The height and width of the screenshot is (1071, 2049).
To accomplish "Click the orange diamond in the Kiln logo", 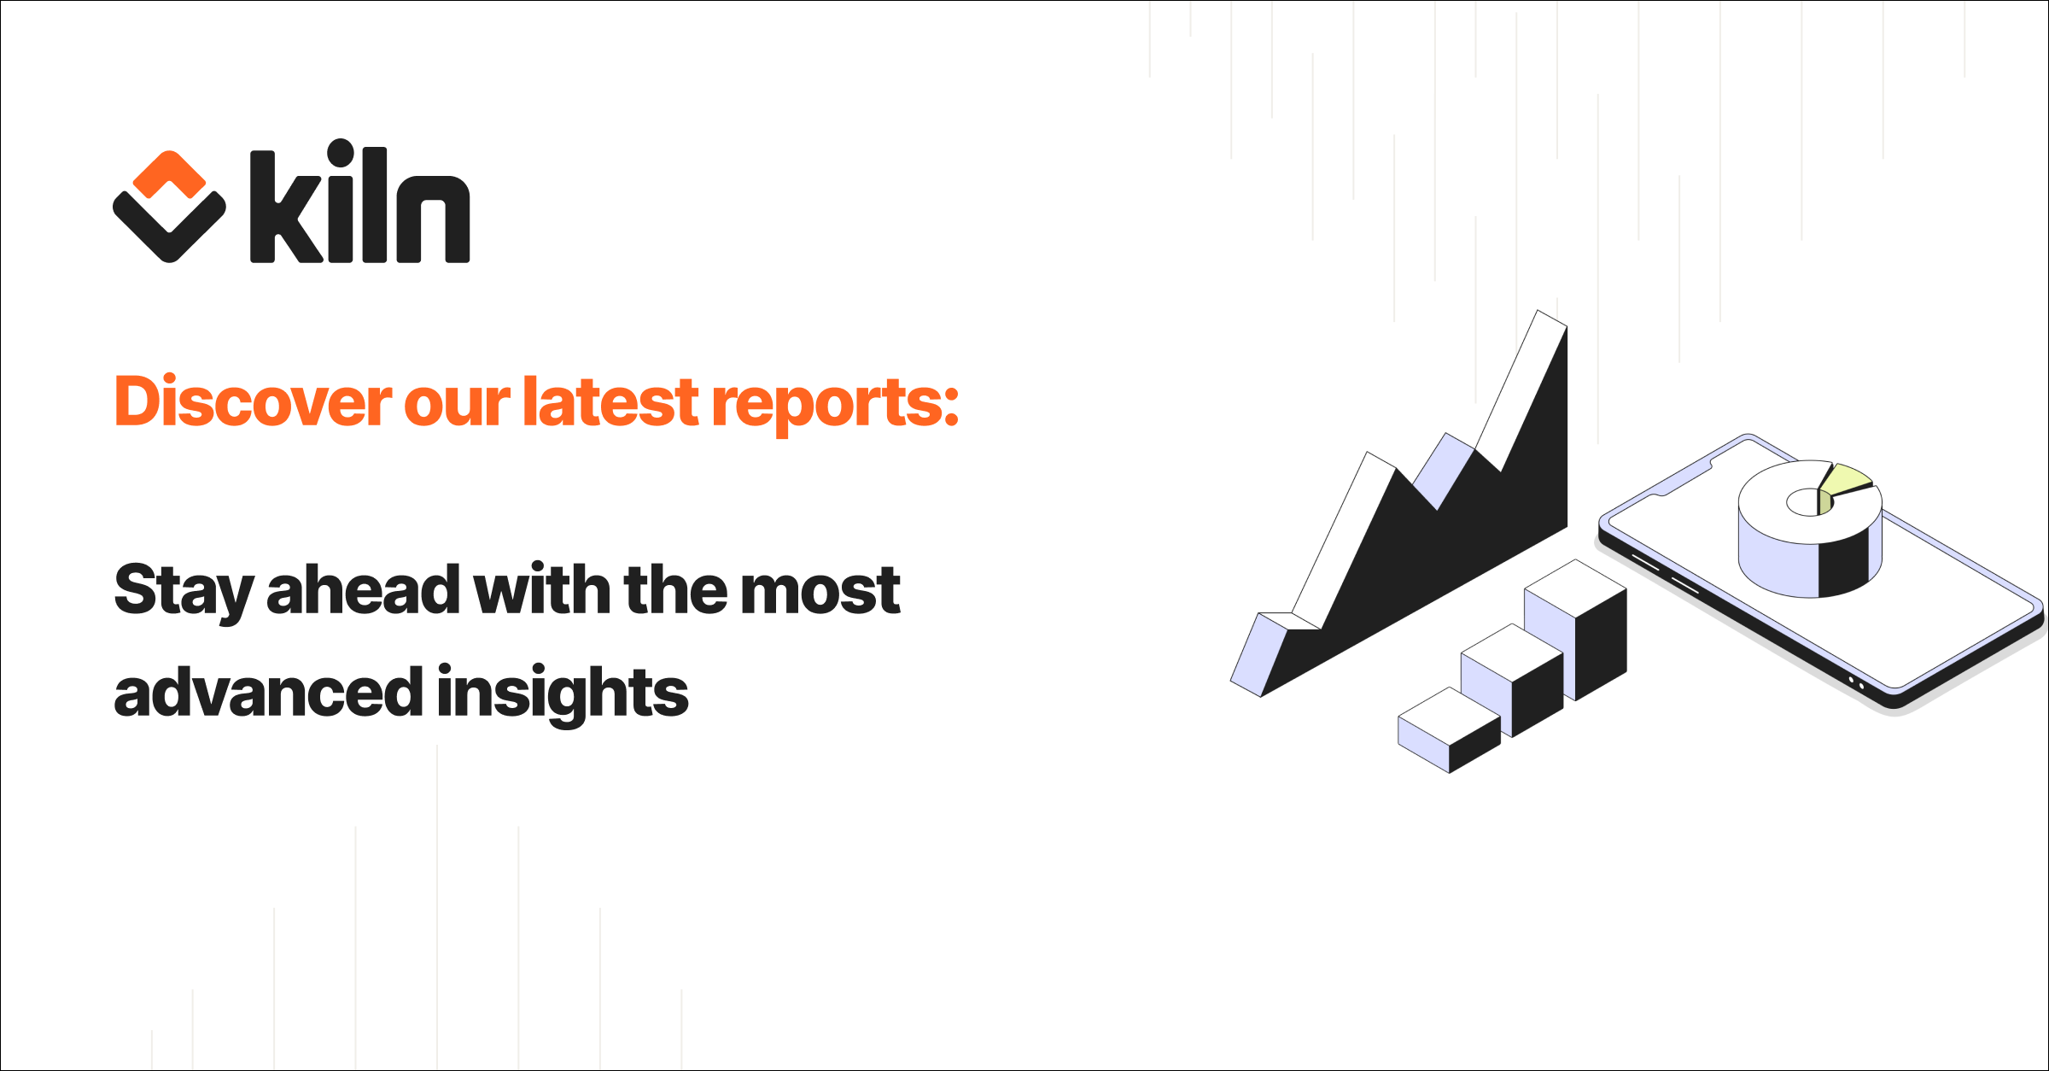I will point(169,173).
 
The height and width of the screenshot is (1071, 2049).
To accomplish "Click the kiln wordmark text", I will point(359,205).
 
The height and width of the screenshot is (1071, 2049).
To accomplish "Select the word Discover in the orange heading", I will point(253,401).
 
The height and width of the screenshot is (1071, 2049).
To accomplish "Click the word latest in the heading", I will point(611,401).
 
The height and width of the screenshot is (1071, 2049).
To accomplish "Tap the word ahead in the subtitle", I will point(364,589).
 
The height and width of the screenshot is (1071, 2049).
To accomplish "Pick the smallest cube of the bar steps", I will point(1449,731).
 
